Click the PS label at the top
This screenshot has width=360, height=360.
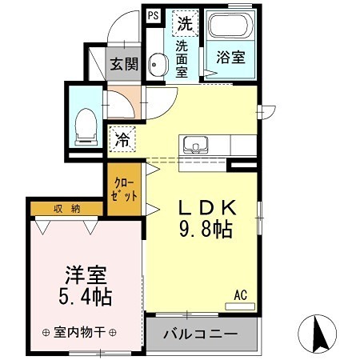click(x=153, y=15)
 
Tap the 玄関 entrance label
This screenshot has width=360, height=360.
click(x=124, y=65)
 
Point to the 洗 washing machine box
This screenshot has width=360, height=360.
click(x=185, y=24)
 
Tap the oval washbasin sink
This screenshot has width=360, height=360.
click(x=158, y=66)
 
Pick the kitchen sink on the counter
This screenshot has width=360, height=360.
click(x=194, y=146)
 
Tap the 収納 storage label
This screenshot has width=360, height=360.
click(x=66, y=209)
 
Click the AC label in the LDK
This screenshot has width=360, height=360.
click(x=239, y=297)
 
